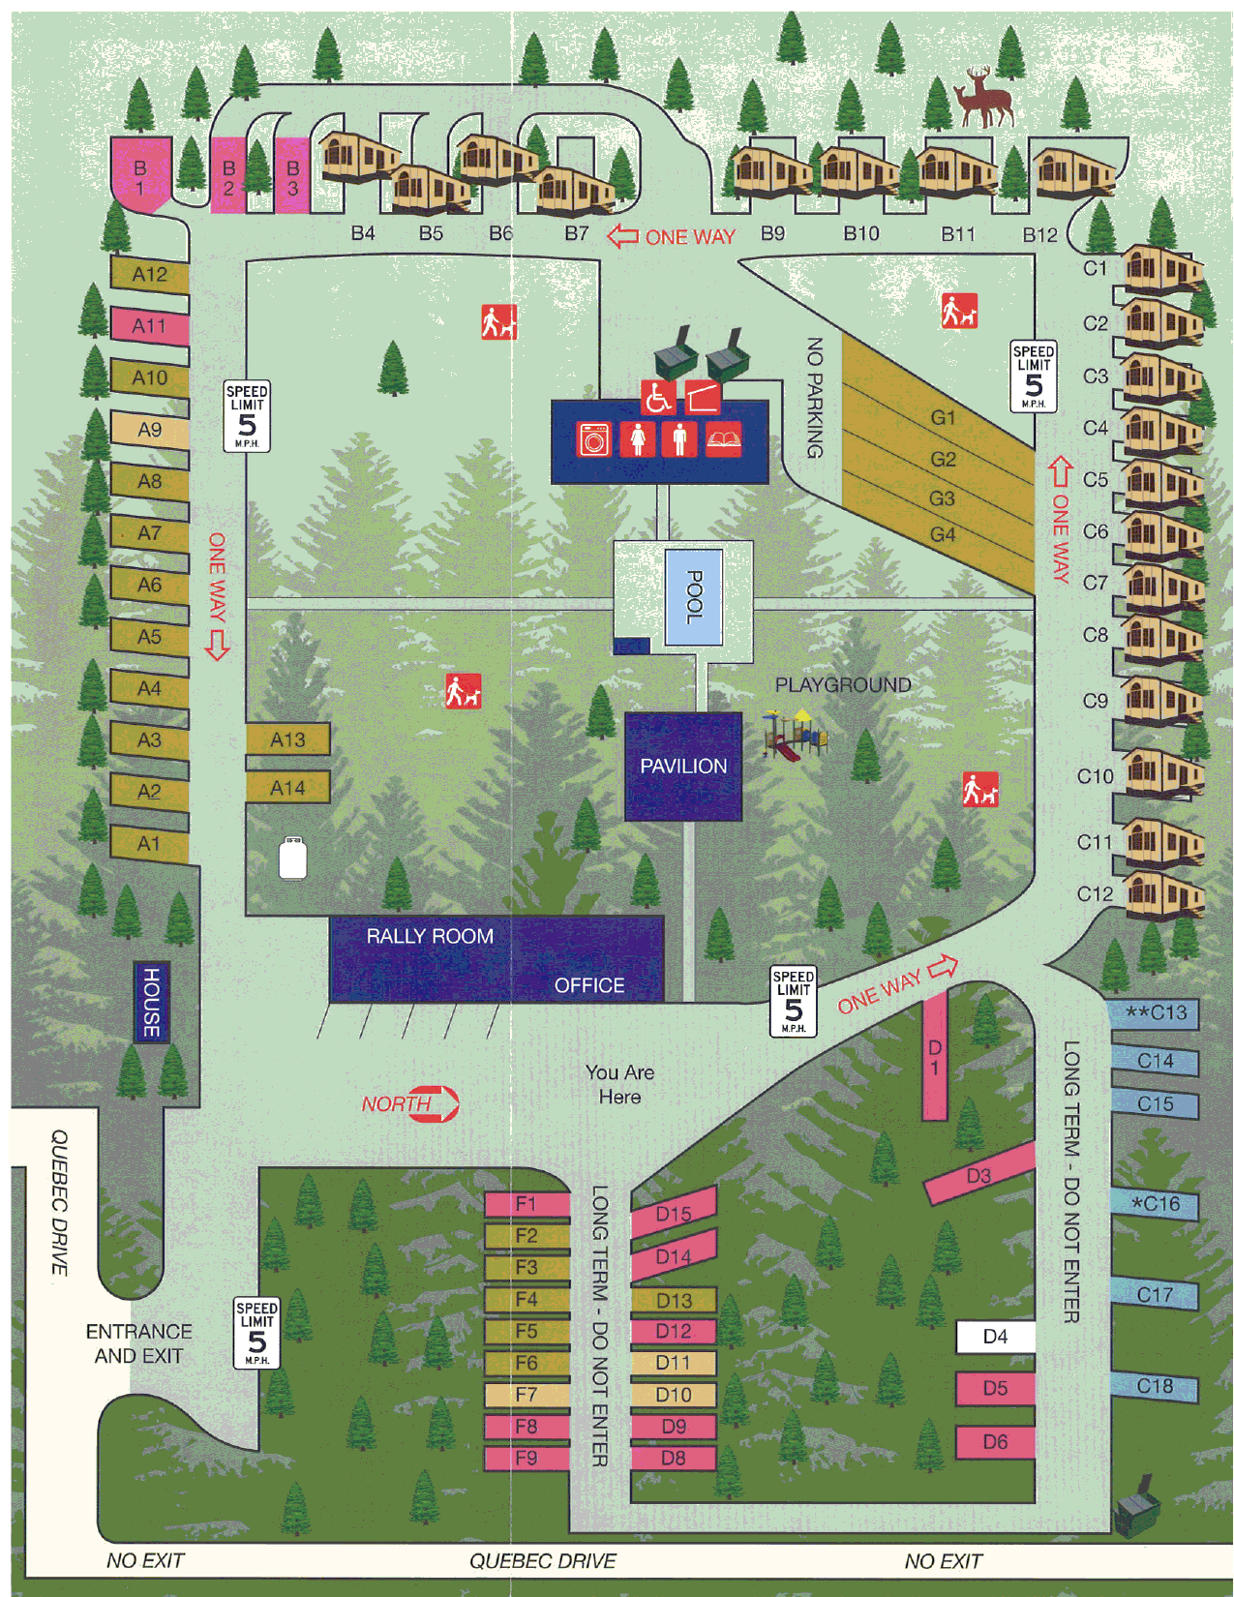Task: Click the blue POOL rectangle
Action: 693,596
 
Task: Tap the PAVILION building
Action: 683,767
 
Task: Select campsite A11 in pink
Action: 149,326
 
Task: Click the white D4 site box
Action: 995,1337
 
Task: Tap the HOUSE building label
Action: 152,1002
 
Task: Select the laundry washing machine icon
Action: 593,439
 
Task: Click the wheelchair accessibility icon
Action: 658,397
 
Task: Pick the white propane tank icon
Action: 292,858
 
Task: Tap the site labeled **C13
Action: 1155,1013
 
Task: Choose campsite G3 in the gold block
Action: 942,498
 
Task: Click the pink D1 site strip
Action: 934,1057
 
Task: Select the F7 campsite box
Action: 526,1395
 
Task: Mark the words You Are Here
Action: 619,1085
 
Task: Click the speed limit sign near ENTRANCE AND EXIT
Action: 256,1333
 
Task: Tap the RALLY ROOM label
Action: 430,936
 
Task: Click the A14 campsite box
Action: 287,788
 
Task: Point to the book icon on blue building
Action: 723,439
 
